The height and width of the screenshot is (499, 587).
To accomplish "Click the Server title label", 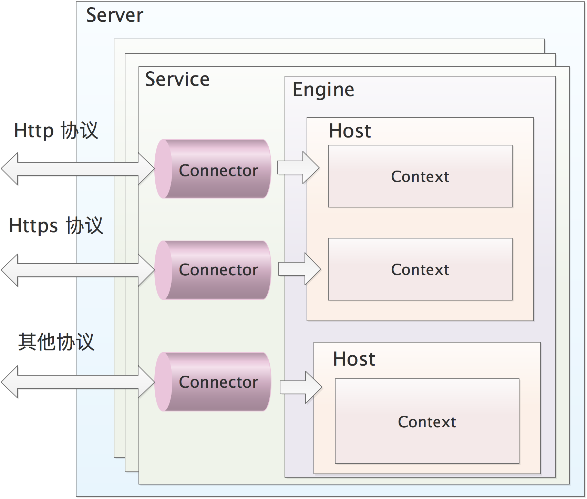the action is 115,15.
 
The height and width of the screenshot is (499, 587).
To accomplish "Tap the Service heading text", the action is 177,79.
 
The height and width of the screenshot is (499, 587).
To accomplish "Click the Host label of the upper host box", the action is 350,131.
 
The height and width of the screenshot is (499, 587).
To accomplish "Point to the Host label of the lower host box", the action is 354,359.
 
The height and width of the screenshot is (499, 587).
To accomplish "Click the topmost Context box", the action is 420,176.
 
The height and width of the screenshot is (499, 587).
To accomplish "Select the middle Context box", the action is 420,269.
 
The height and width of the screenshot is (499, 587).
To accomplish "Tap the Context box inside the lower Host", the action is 427,421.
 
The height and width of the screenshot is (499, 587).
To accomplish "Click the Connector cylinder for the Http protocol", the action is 213,169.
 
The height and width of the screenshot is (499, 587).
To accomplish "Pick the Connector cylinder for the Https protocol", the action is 213,270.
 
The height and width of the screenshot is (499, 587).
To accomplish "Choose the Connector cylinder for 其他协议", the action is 213,382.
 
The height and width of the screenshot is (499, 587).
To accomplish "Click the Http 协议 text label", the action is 56,131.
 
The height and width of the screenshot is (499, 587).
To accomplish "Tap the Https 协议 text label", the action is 56,226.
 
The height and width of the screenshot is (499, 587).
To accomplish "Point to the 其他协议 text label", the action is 56,342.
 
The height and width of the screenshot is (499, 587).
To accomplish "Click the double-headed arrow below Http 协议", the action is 78,169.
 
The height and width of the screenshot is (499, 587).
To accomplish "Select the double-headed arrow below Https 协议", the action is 78,270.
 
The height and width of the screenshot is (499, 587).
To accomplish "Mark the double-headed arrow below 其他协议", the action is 78,382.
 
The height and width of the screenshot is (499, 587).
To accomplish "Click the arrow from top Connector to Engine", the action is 298,167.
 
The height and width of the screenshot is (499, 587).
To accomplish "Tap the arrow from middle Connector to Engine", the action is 300,269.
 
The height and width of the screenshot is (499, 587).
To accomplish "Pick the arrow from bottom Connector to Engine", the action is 301,387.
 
